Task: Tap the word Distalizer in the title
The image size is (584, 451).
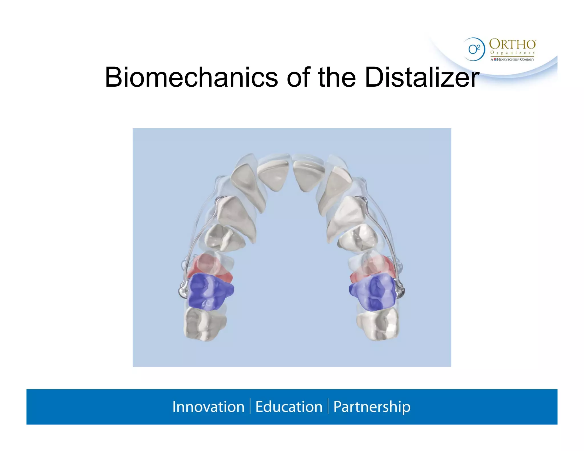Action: point(422,77)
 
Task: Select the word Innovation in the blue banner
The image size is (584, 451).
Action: point(208,407)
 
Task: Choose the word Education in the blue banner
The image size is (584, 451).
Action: point(289,407)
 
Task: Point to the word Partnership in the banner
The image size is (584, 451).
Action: point(372,407)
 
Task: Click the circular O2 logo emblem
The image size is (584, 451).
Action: point(474,49)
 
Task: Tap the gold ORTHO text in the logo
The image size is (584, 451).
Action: point(512,44)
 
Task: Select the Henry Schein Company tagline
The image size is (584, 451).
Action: point(512,59)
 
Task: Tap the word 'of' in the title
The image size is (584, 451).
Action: point(298,77)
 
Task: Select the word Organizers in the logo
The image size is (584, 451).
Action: point(512,53)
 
